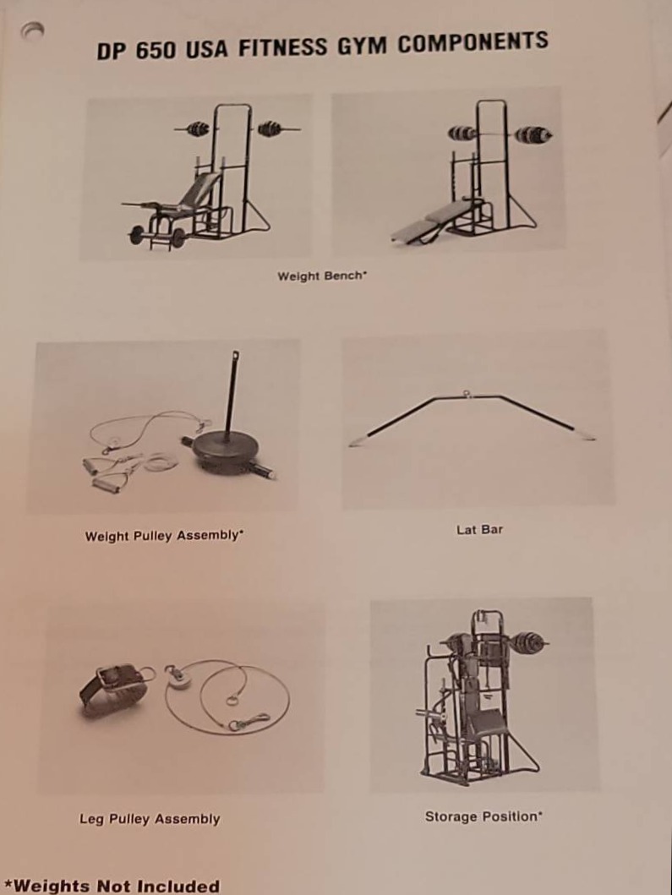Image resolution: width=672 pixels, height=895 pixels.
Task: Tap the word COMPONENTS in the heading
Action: (473, 42)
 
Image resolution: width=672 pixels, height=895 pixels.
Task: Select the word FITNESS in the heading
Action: (283, 46)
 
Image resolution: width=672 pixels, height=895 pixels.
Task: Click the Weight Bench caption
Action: (322, 276)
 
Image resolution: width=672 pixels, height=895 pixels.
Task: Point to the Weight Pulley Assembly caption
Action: (165, 536)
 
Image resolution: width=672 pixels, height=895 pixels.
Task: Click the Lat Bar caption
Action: (479, 530)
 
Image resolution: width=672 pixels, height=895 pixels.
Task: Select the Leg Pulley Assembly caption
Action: (150, 819)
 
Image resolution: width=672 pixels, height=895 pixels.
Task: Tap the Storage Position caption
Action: (484, 816)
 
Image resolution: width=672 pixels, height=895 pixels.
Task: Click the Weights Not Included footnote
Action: (116, 886)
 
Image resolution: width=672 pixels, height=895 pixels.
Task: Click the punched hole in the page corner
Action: (32, 30)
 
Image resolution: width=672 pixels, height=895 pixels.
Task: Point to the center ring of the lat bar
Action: (467, 393)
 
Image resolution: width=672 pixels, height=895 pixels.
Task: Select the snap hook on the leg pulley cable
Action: (249, 723)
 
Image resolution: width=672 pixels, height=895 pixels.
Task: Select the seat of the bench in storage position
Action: (484, 723)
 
